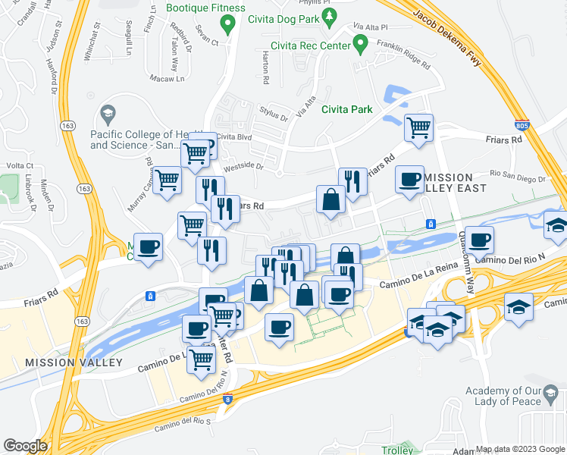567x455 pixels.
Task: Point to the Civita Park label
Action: (347, 109)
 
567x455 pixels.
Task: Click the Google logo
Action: (26, 446)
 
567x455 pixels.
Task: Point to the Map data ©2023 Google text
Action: (520, 448)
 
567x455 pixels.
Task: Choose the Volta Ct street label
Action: (20, 165)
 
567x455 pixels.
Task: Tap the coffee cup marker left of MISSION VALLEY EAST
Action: (410, 180)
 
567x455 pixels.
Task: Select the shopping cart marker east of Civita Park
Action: (418, 128)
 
